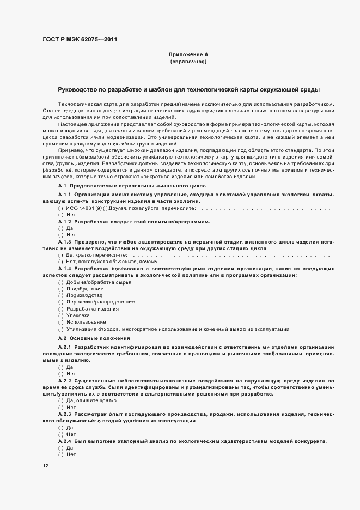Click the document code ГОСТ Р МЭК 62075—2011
[x=80, y=40]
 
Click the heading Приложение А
[x=188, y=55]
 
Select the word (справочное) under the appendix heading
[x=188, y=62]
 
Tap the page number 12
[x=46, y=466]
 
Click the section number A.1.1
[x=65, y=195]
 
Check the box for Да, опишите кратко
[x=61, y=400]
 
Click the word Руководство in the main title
[x=78, y=89]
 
